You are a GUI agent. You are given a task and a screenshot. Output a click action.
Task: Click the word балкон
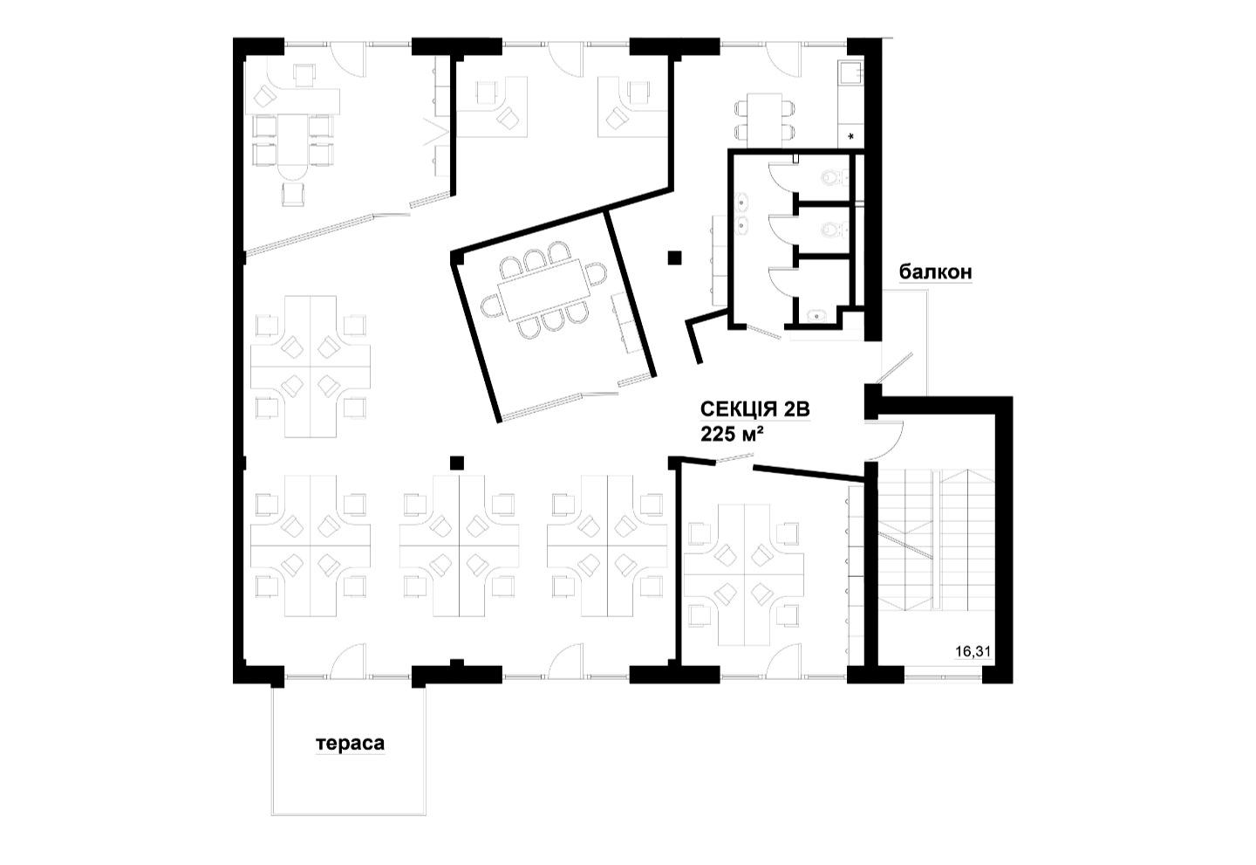click(x=935, y=272)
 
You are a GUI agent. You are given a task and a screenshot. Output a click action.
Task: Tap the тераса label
click(x=351, y=744)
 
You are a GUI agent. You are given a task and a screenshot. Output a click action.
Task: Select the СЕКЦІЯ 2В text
click(x=754, y=409)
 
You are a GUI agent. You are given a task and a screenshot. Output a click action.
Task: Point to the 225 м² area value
click(x=734, y=434)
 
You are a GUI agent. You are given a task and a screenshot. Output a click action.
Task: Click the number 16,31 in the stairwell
click(x=973, y=651)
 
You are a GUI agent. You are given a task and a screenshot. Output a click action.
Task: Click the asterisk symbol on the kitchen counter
click(x=851, y=136)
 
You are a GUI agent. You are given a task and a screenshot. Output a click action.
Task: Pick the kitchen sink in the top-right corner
click(x=850, y=72)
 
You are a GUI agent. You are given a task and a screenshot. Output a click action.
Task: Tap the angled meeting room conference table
click(x=544, y=289)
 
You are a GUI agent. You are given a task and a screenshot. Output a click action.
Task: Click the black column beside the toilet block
click(x=674, y=258)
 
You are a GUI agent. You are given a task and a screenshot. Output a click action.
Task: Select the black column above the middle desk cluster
click(x=457, y=463)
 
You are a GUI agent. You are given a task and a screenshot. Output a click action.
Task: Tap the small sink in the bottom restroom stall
click(x=817, y=316)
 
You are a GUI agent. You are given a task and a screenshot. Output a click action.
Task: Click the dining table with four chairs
click(x=764, y=117)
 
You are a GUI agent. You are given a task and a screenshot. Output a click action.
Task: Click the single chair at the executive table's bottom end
click(x=294, y=194)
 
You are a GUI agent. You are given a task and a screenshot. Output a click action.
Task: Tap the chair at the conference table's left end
click(x=490, y=306)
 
